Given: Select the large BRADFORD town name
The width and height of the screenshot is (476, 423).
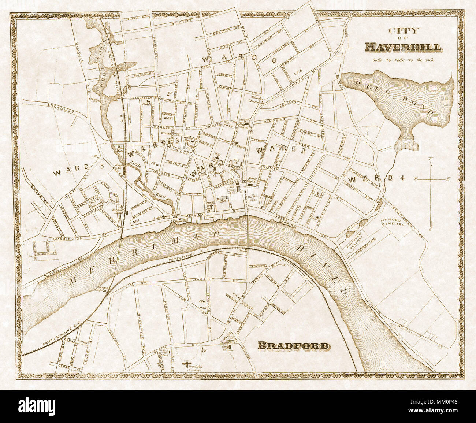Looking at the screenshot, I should click(x=293, y=345).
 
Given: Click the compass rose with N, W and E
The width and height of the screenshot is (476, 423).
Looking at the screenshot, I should click(x=431, y=179).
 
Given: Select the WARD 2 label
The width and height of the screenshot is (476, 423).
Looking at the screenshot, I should click(x=280, y=151).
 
